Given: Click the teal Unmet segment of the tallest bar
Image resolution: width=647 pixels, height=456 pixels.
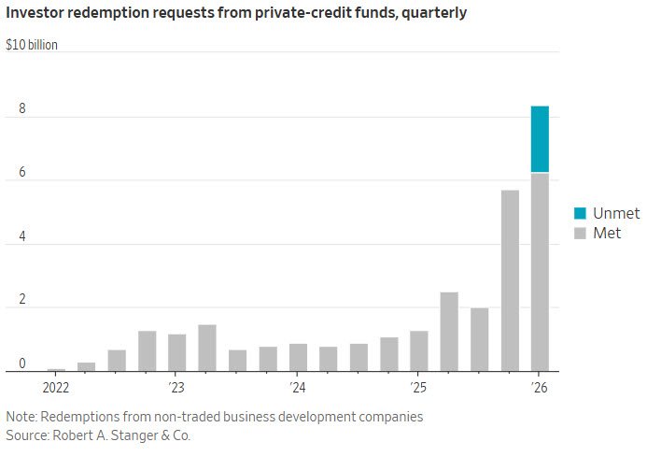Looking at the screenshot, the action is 540,139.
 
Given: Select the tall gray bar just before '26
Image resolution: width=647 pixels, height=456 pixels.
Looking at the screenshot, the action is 510,280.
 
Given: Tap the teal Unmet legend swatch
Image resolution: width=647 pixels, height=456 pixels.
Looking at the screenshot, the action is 580,213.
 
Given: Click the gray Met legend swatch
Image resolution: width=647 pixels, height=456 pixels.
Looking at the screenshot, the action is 580,234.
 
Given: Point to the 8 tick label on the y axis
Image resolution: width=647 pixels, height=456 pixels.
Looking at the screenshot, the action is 22,108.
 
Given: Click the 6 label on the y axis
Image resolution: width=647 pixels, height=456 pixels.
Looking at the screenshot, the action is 22,172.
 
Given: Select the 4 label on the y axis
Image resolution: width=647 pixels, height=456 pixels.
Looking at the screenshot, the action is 22,236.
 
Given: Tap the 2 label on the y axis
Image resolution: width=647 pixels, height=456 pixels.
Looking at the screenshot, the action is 22,299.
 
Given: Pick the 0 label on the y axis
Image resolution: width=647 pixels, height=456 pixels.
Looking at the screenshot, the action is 22,363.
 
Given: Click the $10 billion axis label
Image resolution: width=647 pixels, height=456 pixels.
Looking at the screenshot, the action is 32,45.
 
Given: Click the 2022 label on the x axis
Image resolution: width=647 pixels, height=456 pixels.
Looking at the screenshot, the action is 56,388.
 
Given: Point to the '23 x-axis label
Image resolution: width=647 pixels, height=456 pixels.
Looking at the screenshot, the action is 176,388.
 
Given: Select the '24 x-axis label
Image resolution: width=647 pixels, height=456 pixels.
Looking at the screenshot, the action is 297,388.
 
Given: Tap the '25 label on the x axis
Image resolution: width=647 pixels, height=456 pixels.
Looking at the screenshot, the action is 418,388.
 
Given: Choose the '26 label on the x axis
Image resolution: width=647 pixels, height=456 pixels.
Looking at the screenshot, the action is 539,388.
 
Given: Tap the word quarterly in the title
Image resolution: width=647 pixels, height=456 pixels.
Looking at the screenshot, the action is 434,13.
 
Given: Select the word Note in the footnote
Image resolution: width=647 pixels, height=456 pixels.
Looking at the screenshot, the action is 21,417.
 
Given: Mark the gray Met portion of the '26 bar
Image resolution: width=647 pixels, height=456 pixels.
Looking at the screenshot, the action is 540,272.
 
